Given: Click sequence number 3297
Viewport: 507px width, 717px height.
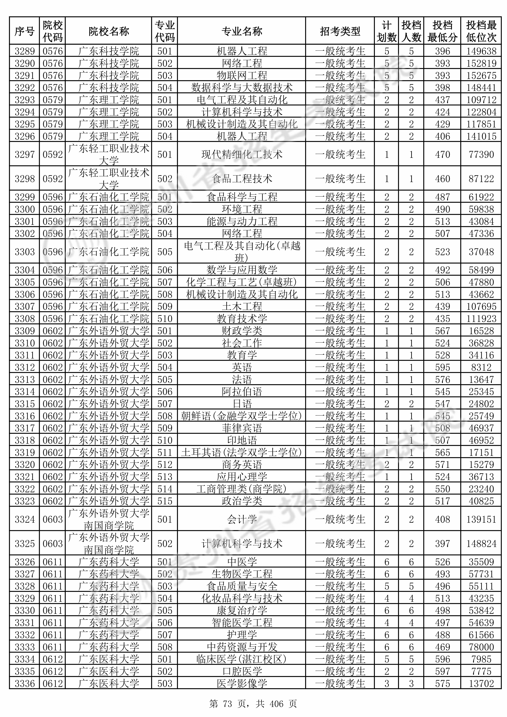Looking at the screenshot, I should [x=25, y=154].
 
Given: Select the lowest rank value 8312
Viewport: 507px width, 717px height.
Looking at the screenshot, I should [x=481, y=367].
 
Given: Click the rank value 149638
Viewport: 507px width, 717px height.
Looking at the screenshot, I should [x=481, y=51].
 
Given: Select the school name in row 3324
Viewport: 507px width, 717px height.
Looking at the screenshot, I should [x=109, y=519].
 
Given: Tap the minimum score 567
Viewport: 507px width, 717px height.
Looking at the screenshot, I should [x=442, y=331].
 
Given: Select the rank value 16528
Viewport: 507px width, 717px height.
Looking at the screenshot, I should [x=481, y=331].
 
